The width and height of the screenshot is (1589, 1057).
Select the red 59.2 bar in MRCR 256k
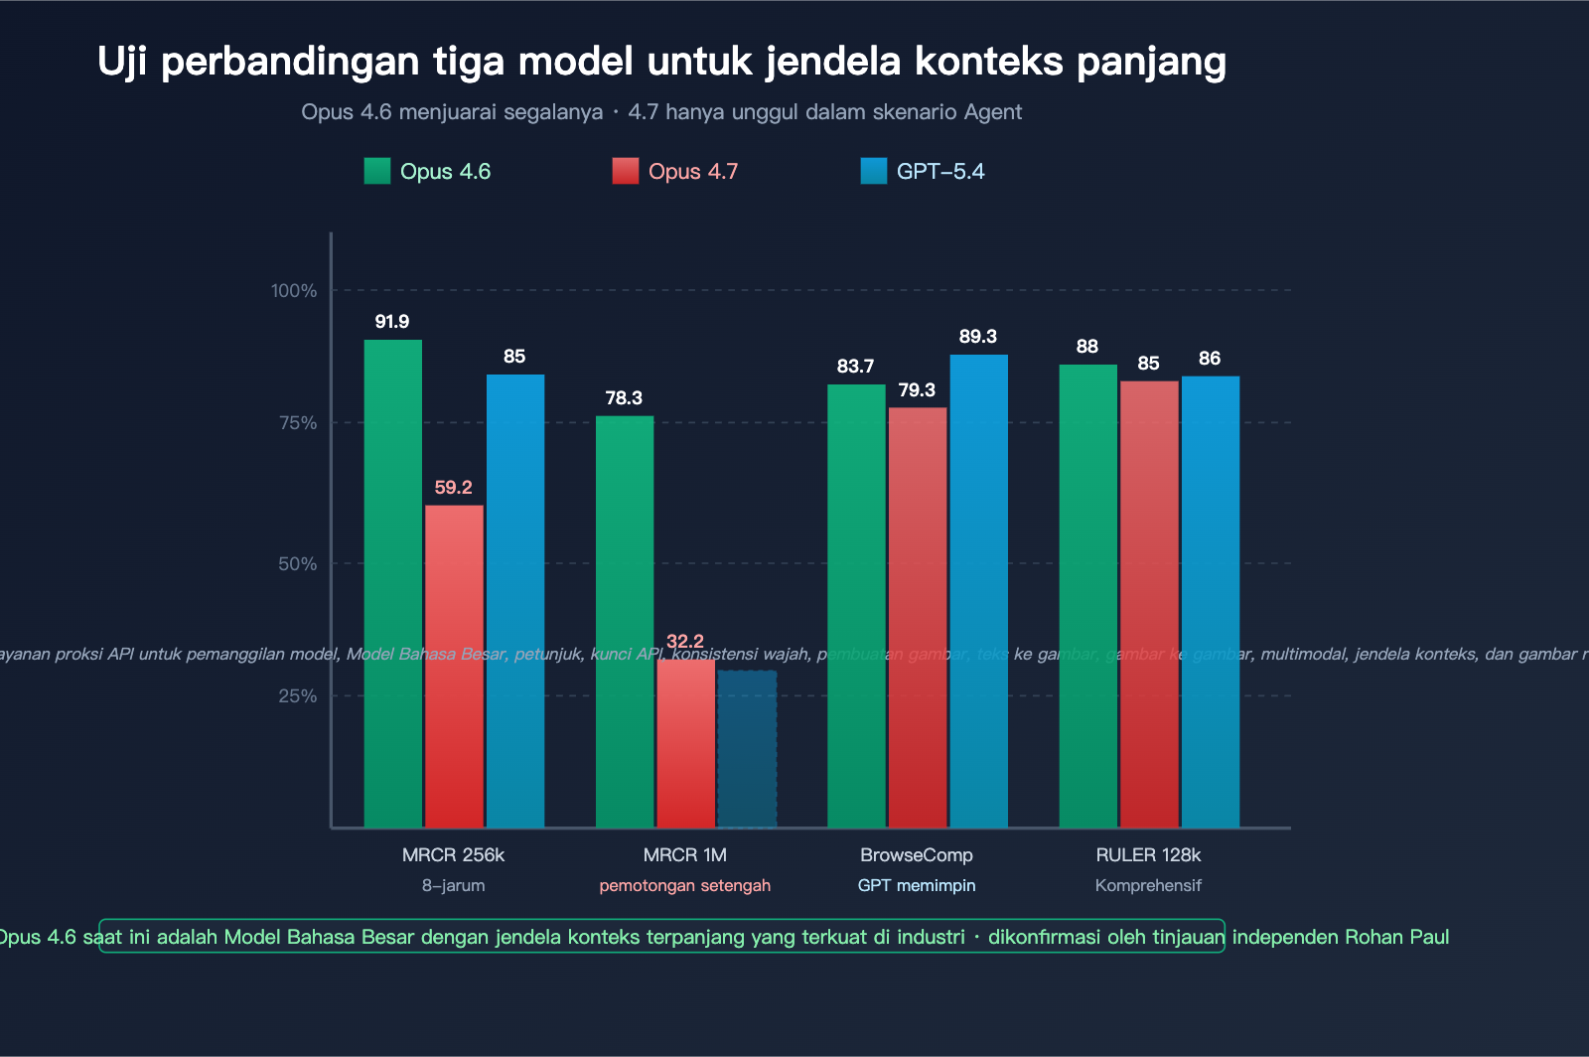point(454,666)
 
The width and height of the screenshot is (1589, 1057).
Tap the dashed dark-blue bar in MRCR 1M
point(747,749)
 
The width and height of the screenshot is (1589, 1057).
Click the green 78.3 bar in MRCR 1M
point(625,621)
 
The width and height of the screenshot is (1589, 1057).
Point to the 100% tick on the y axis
point(294,291)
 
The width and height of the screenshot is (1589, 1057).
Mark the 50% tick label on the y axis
point(297,564)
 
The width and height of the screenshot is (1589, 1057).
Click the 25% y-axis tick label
point(297,696)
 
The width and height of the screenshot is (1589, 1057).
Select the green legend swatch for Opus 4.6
point(377,171)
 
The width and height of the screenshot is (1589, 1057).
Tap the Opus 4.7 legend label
point(692,172)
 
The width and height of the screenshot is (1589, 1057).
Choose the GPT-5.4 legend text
point(940,172)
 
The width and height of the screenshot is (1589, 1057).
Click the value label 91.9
point(392,322)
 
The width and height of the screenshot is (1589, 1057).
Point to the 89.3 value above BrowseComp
point(978,337)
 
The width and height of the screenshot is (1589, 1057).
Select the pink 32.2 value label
point(685,641)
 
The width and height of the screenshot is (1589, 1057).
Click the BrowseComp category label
point(917,855)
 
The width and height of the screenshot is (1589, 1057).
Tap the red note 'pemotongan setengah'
point(685,886)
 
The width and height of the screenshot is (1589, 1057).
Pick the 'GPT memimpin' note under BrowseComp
point(917,886)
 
